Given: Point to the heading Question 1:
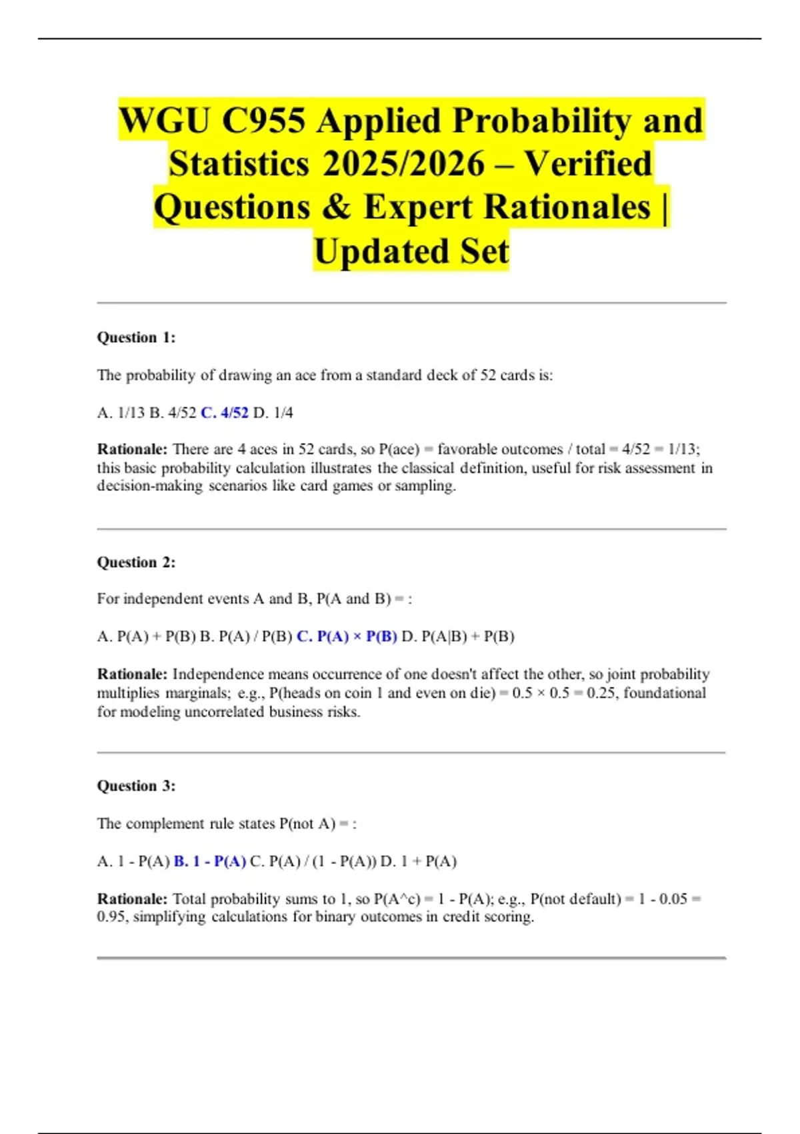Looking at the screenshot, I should pos(136,338).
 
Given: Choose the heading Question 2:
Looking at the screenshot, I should pos(136,562).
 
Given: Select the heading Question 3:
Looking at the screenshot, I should pos(136,786).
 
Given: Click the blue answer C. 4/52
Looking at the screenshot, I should pos(224,413).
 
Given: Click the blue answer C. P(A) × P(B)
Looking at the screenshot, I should pos(347,636).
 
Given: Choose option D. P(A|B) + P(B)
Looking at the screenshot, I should pos(458,636).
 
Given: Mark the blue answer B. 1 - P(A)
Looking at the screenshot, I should pos(209,861).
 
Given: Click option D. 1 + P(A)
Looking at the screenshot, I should pos(419,861).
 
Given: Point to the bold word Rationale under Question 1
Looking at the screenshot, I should pos(131,449).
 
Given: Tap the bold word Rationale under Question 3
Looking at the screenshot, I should pos(131,899).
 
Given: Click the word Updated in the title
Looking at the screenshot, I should pos(372,252).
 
